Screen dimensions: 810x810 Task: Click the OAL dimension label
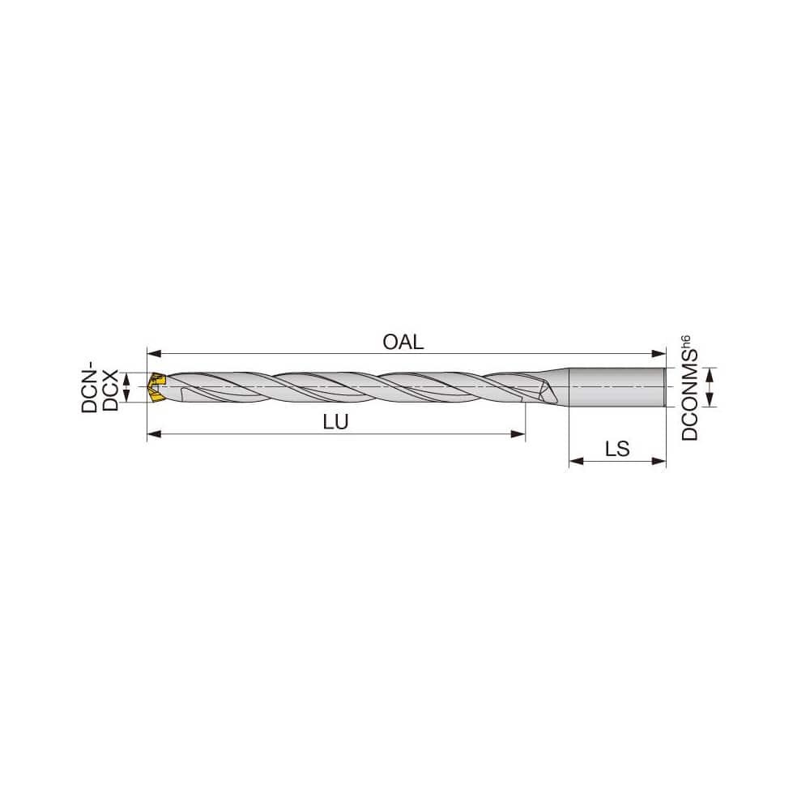403,342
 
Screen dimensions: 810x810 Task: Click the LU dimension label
335,423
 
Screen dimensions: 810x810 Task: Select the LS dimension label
617,449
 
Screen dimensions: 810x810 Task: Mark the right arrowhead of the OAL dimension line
660,353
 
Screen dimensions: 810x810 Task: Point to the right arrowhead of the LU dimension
520,435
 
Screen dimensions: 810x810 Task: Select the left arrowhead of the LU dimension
152,435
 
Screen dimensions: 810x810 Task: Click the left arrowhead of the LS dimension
575,462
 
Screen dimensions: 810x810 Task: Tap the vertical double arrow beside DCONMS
710,387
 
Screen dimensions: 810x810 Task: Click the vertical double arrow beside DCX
126,387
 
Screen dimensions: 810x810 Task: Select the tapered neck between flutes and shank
561,387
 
